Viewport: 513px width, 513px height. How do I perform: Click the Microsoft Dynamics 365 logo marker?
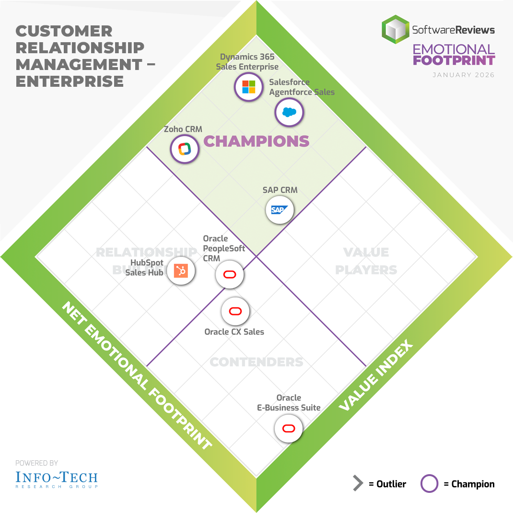pos(248,87)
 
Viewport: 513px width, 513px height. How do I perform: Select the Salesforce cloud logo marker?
pos(289,113)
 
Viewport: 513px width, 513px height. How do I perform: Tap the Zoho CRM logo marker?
pos(185,149)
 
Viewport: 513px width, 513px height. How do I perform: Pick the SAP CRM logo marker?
pos(280,210)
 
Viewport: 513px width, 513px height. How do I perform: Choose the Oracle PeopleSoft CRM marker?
pos(230,275)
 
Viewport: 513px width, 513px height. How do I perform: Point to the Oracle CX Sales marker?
pos(235,312)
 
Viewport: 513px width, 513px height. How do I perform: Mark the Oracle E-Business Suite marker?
pos(289,429)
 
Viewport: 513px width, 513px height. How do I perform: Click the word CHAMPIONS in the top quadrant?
pos(256,141)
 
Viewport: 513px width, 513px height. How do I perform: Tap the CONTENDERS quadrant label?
pos(256,362)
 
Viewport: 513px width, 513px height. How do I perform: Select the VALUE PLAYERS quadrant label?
pos(366,261)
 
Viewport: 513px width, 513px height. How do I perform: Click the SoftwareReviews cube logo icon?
pos(395,29)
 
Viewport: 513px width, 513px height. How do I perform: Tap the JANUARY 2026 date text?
pos(463,75)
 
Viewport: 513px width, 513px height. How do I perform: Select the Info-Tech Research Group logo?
pos(57,478)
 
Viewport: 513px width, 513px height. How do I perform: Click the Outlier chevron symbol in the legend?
pos(358,484)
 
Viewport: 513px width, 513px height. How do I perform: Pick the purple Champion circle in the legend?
pos(429,484)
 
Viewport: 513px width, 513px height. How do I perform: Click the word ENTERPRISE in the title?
pos(70,81)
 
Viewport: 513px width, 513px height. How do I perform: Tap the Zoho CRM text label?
pos(183,129)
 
